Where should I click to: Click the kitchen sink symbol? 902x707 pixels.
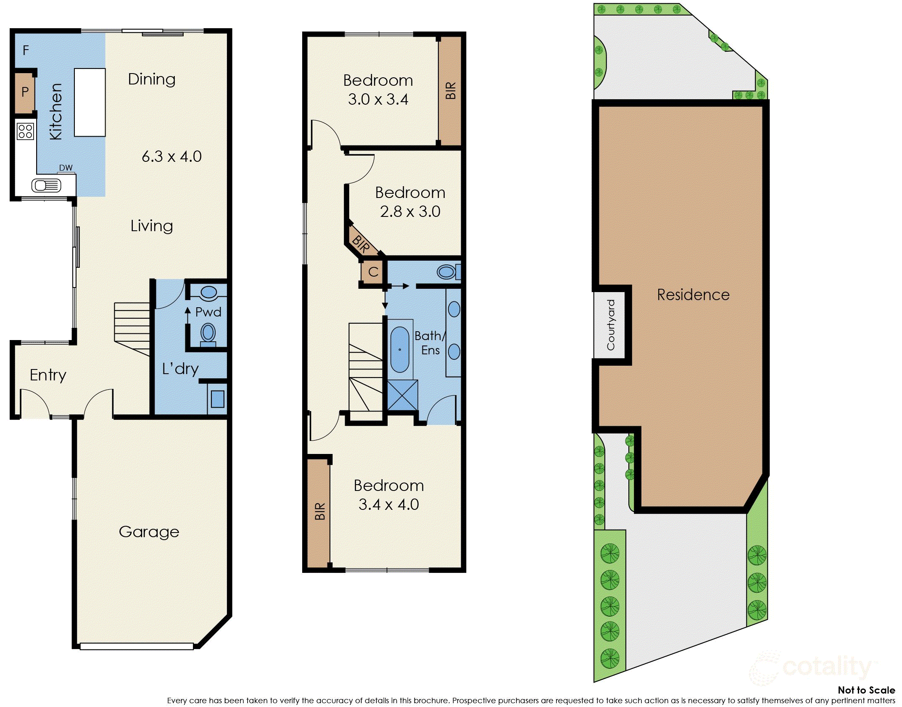[46, 185]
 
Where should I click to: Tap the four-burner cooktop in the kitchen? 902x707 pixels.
[25, 131]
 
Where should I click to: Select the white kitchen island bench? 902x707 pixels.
[90, 103]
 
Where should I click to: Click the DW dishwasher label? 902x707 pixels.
[66, 168]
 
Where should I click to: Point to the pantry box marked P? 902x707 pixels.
[25, 92]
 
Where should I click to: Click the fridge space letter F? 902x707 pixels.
[26, 50]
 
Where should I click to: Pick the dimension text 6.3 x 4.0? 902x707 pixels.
[171, 156]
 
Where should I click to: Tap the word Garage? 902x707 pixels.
[149, 532]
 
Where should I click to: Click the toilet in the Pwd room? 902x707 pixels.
[208, 333]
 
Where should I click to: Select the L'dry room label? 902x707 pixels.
[180, 369]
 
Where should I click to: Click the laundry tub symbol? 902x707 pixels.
[217, 399]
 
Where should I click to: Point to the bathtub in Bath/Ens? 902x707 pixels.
[400, 349]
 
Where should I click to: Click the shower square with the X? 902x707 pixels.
[402, 395]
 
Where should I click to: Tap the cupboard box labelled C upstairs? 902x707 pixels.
[373, 272]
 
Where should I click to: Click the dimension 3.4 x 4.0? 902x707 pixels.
[388, 504]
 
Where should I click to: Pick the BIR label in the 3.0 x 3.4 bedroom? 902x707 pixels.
[450, 90]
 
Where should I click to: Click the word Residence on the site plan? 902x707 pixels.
[693, 295]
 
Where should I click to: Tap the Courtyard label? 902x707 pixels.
[611, 324]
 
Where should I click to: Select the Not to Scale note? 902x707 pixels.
[866, 690]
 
